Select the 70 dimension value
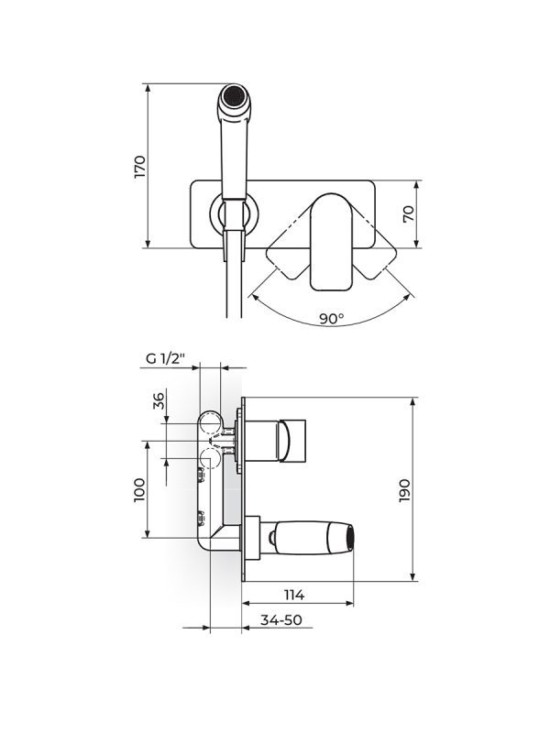409,213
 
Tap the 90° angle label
331,319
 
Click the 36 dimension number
158,401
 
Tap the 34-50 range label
280,620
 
